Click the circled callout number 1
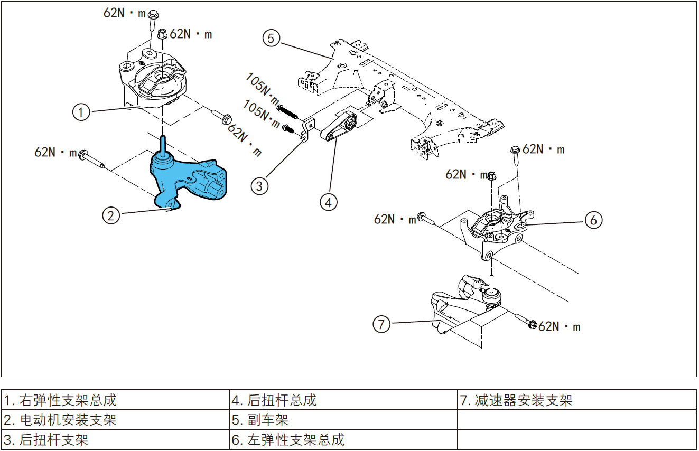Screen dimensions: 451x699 pyautogui.click(x=81, y=112)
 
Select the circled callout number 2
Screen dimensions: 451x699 pyautogui.click(x=111, y=215)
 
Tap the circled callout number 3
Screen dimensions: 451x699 pyautogui.click(x=259, y=186)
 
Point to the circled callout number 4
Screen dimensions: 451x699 pyautogui.click(x=328, y=201)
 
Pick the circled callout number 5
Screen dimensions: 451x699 pyautogui.click(x=271, y=39)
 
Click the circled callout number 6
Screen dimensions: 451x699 pyautogui.click(x=593, y=220)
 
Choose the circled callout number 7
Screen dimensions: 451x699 pyautogui.click(x=382, y=324)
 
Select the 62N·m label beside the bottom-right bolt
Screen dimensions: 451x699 pyautogui.click(x=560, y=327)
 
